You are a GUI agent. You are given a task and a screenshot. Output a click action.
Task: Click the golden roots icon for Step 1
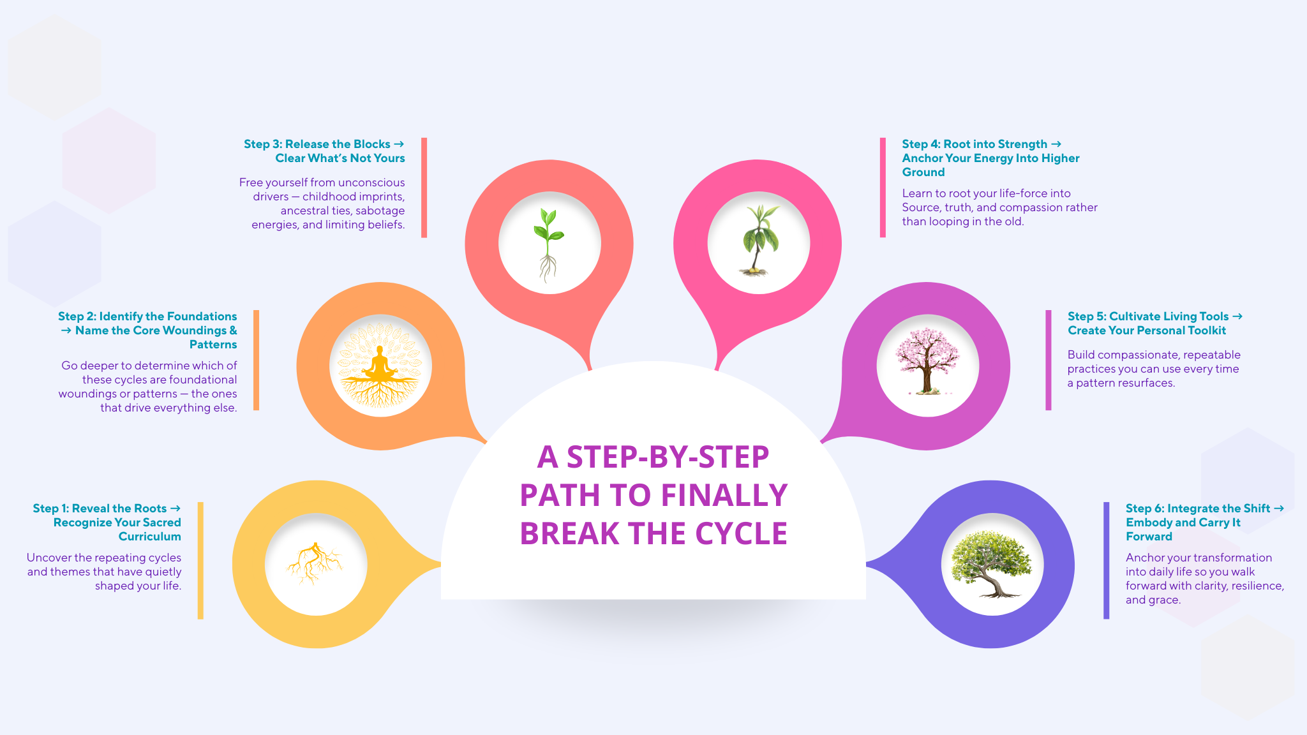point(315,563)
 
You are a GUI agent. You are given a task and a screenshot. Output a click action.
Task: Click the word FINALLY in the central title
point(724,495)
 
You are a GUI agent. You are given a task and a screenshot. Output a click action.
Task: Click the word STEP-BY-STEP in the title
point(653,457)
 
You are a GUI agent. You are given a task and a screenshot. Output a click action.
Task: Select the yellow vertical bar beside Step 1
point(200,560)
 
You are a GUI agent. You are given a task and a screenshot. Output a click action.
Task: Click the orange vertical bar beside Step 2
point(256,360)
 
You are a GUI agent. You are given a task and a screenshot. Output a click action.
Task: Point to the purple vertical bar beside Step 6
point(1106,560)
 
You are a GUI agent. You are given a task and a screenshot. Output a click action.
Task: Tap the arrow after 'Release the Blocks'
point(400,144)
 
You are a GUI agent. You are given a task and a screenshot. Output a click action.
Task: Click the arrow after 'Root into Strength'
point(1056,144)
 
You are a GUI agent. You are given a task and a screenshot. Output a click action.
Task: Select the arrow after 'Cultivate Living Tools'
point(1237,316)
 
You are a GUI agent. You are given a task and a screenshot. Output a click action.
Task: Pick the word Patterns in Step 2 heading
point(213,345)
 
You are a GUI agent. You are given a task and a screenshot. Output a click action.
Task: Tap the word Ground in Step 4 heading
point(923,172)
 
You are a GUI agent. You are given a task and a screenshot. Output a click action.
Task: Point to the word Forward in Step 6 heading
point(1149,537)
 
